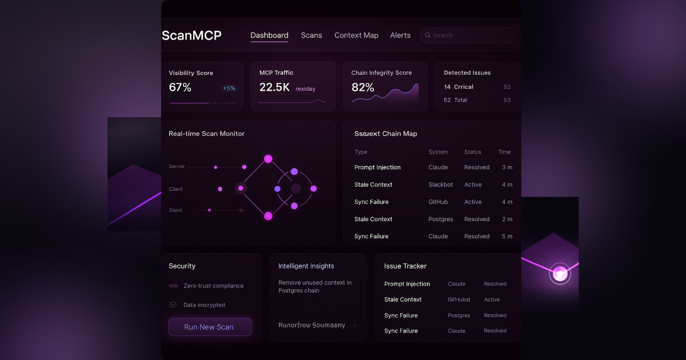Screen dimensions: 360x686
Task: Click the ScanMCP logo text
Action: click(192, 35)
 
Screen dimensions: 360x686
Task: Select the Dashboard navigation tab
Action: click(269, 35)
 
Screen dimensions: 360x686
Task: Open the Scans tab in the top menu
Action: click(312, 35)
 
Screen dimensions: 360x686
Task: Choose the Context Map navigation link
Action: click(356, 35)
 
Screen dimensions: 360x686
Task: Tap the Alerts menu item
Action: click(400, 35)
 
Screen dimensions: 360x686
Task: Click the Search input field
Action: click(467, 35)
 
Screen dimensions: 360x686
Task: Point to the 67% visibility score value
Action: click(180, 87)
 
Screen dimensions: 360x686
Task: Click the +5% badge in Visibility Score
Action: click(229, 89)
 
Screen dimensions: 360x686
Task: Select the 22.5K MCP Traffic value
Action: click(274, 87)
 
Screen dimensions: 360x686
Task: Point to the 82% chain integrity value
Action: click(362, 87)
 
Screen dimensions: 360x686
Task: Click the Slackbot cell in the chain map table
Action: click(441, 185)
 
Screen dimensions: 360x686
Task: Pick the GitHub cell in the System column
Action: click(438, 202)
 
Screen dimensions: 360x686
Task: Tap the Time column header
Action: click(504, 152)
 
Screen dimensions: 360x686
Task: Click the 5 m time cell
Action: click(507, 236)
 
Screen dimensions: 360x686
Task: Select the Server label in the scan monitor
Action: click(177, 166)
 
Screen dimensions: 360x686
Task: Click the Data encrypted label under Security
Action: click(204, 305)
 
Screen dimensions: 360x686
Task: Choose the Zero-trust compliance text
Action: click(213, 286)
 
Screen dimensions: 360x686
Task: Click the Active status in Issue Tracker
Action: click(492, 299)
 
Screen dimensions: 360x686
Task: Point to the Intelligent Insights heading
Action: click(306, 266)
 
